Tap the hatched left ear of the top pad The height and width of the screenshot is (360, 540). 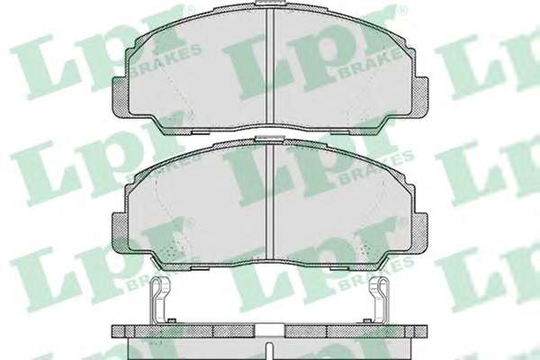pyautogui.click(x=121, y=96)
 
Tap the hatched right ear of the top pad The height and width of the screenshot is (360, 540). pyautogui.click(x=420, y=96)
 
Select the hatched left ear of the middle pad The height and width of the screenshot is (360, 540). pyautogui.click(x=121, y=233)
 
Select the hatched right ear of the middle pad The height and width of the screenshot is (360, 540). pyautogui.click(x=420, y=233)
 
